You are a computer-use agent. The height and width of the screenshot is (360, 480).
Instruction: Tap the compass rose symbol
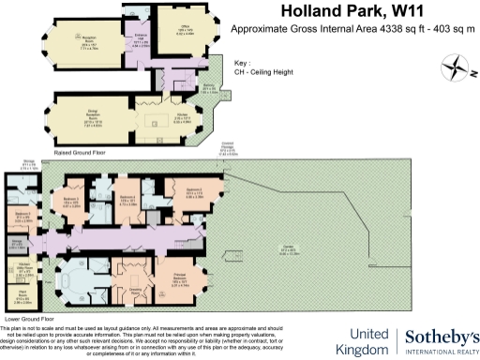[x=455, y=67]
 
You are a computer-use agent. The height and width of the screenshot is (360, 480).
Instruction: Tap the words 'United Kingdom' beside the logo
[x=372, y=341]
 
